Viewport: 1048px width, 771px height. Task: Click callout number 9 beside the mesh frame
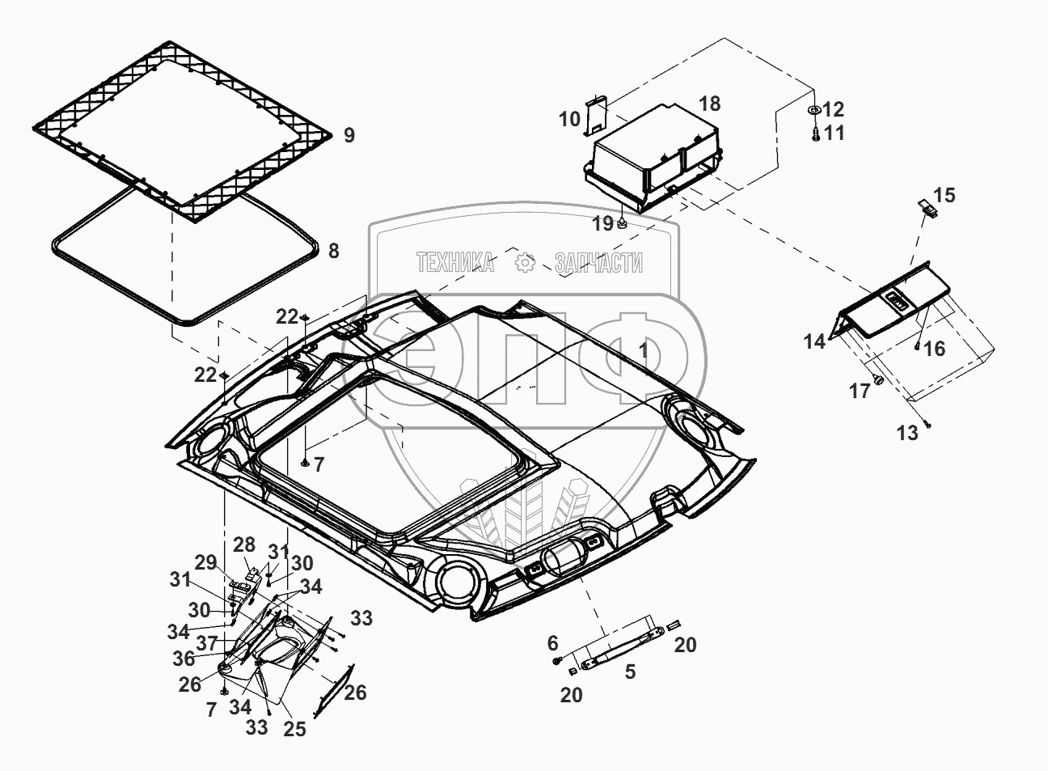(x=349, y=135)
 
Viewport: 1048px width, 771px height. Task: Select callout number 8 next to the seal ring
(x=333, y=251)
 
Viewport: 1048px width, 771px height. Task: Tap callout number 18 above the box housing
(x=709, y=104)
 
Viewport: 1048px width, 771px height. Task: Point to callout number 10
(x=569, y=120)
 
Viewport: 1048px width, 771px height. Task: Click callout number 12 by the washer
(x=834, y=109)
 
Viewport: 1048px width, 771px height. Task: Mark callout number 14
(x=814, y=342)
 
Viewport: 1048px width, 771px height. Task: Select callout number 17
(x=860, y=392)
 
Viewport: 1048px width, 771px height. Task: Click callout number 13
(x=908, y=433)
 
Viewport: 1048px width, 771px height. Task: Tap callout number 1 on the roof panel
(x=644, y=351)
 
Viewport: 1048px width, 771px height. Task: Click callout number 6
(x=553, y=643)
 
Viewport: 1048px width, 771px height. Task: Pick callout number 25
(x=294, y=729)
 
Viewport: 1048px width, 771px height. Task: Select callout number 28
(x=244, y=544)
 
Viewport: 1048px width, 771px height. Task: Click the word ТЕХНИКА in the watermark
(x=455, y=262)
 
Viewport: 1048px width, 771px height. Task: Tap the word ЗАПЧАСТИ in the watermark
(x=598, y=262)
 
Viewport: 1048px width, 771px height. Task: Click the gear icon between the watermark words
(x=526, y=262)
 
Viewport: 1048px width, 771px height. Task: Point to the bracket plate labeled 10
(x=596, y=113)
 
